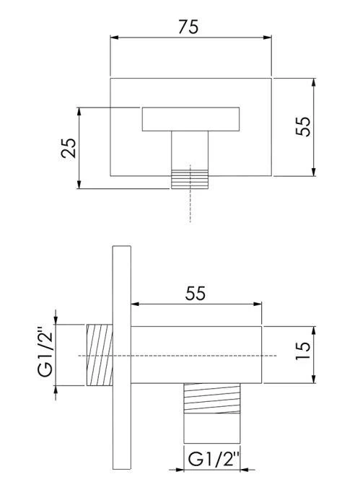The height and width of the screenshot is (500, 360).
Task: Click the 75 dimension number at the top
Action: point(188,27)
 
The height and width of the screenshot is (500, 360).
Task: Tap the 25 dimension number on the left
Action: point(69,148)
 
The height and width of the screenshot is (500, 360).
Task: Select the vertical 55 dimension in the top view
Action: point(303,126)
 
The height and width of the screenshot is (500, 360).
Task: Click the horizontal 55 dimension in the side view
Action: point(196,294)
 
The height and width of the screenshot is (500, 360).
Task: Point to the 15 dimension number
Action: point(303,351)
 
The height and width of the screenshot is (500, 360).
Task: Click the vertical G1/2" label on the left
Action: point(45,351)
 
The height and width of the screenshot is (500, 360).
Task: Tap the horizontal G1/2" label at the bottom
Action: point(214,459)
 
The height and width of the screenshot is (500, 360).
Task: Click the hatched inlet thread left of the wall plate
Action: point(100,355)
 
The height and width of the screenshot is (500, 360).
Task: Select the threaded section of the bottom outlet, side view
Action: point(212,398)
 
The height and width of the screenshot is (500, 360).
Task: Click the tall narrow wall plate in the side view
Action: point(122,357)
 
